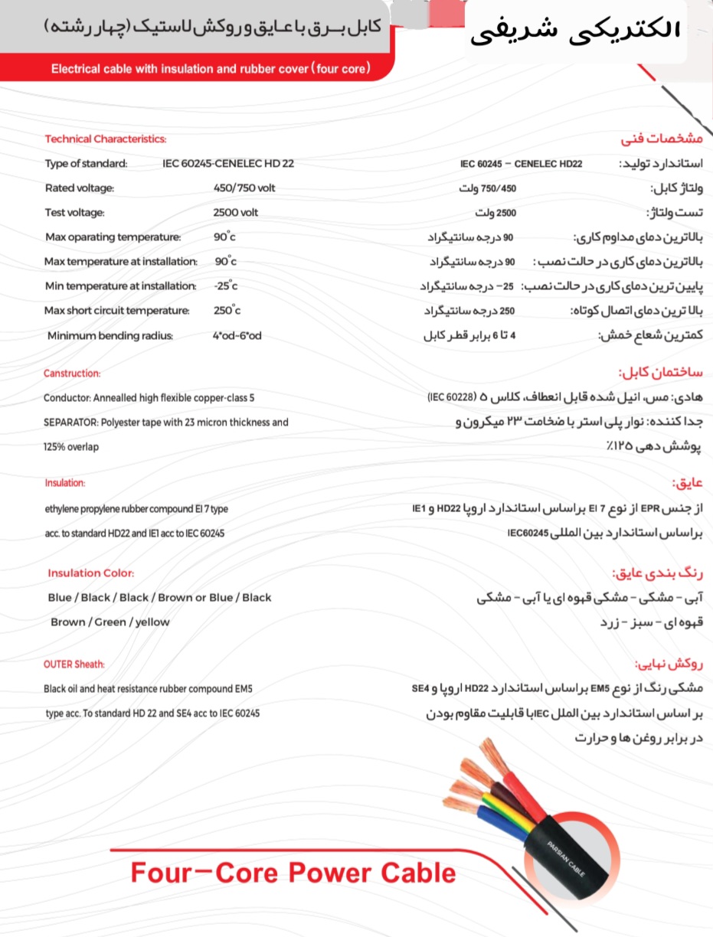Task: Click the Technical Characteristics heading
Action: (105, 139)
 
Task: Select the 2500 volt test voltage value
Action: (236, 212)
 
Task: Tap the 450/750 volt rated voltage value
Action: (244, 188)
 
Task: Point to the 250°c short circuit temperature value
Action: (227, 310)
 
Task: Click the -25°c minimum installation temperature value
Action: (226, 286)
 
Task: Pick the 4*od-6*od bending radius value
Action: (237, 335)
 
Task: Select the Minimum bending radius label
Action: (110, 335)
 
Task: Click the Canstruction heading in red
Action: (72, 374)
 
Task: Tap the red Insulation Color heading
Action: (90, 573)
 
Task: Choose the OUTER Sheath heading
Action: (74, 664)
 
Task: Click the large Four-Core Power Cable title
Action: (293, 873)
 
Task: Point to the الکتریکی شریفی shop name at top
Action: (574, 30)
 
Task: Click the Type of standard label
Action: (87, 163)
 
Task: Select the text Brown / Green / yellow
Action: (110, 622)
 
